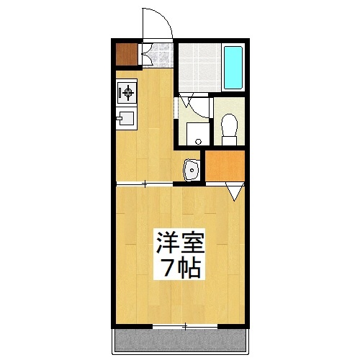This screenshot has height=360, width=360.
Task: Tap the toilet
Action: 230,125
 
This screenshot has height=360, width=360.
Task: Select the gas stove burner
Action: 127,91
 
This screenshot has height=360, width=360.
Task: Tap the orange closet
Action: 224,165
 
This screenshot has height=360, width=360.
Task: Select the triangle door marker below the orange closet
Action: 235,192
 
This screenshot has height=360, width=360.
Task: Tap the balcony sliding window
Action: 185,327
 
